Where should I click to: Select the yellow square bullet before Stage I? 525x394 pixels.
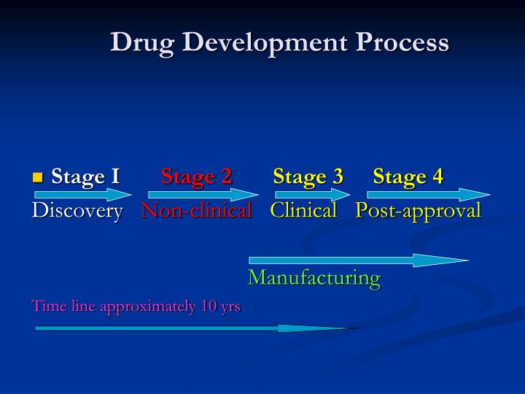click(39, 177)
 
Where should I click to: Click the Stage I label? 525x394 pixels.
click(85, 177)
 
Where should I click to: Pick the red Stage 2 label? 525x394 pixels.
click(196, 177)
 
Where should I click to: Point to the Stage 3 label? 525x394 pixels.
click(308, 177)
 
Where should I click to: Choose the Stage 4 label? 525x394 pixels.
click(408, 177)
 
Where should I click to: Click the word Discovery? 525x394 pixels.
click(77, 212)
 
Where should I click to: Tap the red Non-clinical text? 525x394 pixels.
click(196, 212)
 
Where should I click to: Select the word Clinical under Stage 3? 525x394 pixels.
click(303, 212)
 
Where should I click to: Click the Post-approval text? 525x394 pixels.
click(419, 212)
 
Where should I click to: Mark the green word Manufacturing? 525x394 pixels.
click(314, 278)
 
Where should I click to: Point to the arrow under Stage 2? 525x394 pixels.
click(203, 195)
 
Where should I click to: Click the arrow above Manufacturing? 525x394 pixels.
click(357, 260)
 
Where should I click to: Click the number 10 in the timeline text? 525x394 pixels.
click(209, 306)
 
